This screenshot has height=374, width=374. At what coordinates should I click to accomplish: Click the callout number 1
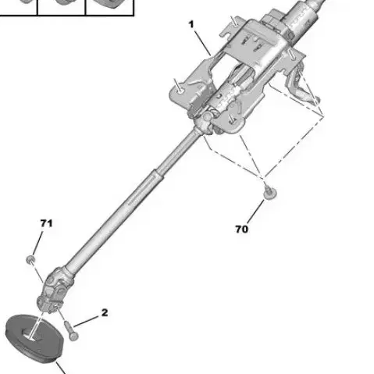coord(191,25)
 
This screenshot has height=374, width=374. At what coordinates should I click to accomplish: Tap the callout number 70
coord(242,230)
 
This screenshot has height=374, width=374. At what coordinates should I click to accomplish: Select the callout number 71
coord(47,223)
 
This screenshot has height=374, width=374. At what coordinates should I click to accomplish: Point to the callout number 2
coord(105,312)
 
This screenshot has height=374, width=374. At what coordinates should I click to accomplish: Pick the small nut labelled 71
coord(30,259)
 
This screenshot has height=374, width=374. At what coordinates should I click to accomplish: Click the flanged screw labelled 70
coord(269,193)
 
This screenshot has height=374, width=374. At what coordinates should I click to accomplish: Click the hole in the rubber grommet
coord(31,335)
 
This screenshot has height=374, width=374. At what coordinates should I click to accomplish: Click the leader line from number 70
coord(255,212)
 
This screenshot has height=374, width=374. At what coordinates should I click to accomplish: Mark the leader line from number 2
coord(87,322)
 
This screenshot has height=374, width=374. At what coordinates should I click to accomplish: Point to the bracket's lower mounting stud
coord(232,119)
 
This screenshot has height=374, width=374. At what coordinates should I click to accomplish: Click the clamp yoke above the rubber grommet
coord(47,303)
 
